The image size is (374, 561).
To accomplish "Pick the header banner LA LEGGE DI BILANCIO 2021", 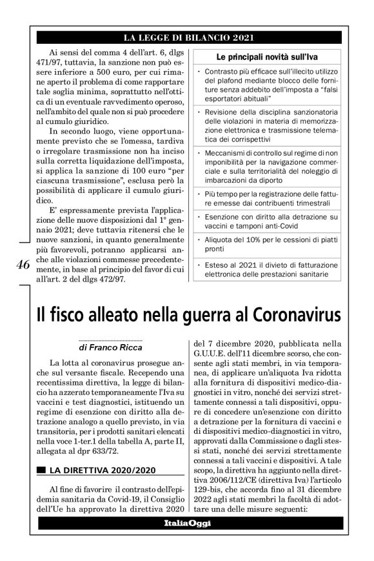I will (x=186, y=36).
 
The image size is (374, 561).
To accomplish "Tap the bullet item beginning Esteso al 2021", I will (x=270, y=258).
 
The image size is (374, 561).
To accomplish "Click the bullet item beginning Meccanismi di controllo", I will (x=270, y=166).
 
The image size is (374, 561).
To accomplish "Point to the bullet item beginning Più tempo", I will (x=270, y=198).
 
